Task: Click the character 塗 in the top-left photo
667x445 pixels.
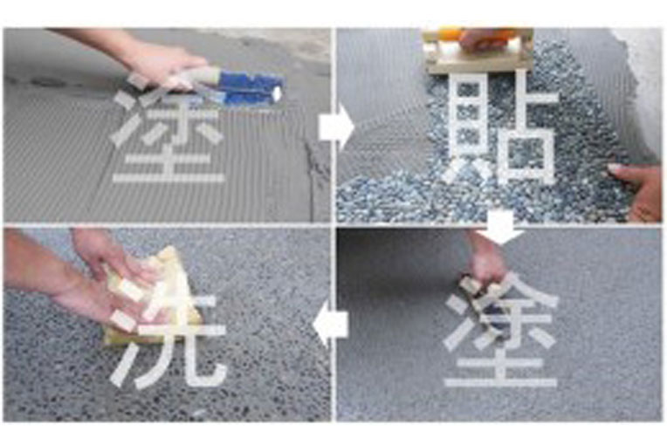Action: coord(168,133)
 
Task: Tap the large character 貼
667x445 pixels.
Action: coord(499,127)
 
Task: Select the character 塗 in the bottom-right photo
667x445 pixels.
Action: coord(500,332)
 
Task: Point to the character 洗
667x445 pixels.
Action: coord(167,336)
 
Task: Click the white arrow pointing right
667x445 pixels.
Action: coord(336,127)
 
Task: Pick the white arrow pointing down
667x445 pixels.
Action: coord(500,228)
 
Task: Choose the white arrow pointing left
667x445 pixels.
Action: coord(331,325)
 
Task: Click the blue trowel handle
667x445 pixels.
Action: coord(251,87)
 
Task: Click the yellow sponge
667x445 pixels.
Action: coord(153,298)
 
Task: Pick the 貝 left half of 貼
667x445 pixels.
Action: coord(467,127)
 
